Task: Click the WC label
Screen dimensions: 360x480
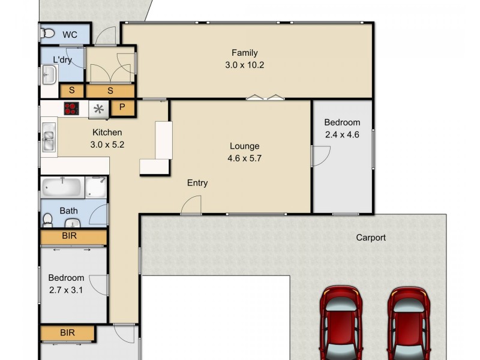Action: [70, 35]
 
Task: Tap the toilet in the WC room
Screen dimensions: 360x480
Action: [49, 34]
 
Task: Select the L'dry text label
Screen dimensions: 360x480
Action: [62, 60]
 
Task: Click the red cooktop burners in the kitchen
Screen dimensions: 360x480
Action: [73, 109]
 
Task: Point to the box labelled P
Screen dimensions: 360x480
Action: [122, 108]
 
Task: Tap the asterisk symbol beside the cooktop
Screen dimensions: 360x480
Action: [98, 109]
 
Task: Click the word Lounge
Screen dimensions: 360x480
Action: [244, 146]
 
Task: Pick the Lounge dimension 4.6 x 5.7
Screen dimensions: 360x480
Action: [244, 158]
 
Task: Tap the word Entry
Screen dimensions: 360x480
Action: [197, 183]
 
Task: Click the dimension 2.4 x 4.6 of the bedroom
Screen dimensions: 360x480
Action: [341, 135]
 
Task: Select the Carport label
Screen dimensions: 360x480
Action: [371, 238]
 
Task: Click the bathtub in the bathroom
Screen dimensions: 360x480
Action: [62, 187]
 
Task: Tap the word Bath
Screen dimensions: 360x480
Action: [68, 211]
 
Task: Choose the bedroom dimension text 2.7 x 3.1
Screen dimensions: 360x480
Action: [66, 291]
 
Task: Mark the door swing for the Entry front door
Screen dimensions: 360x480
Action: [191, 206]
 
